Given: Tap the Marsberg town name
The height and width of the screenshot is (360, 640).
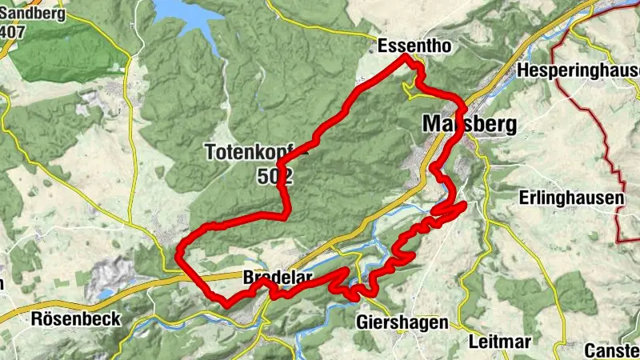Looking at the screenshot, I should [469, 125].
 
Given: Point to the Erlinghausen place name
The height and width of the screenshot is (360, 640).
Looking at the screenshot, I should [570, 197].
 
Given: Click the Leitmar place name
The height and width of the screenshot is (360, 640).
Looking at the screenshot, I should [500, 342].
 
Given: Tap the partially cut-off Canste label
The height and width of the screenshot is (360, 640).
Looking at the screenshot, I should [612, 350].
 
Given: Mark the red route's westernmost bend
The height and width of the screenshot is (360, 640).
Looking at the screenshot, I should [178, 254].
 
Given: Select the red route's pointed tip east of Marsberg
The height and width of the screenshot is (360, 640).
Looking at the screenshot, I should [464, 206].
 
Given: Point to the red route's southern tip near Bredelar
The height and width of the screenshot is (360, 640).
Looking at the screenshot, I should [226, 305].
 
